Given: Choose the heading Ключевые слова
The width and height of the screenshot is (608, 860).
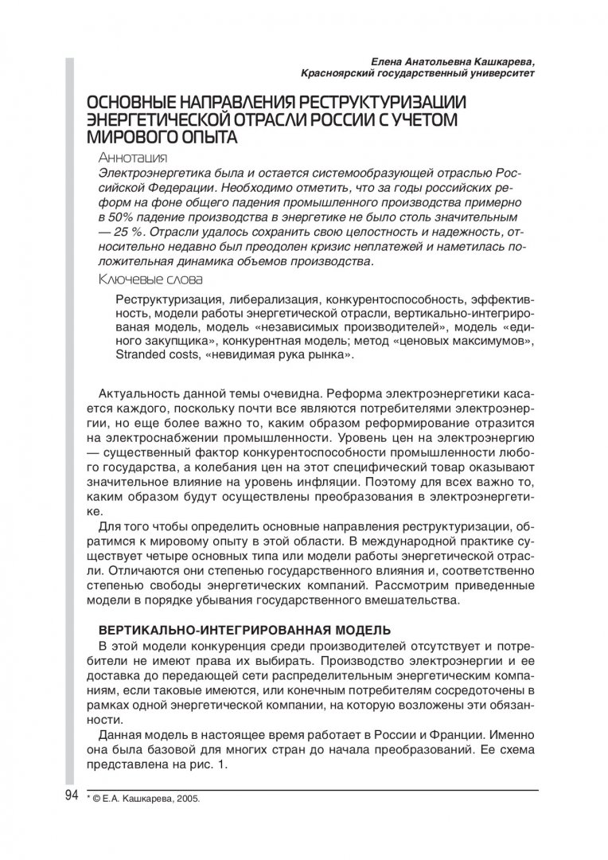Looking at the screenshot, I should click(x=150, y=279).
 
